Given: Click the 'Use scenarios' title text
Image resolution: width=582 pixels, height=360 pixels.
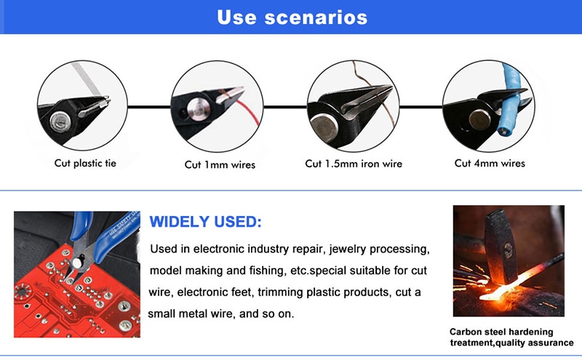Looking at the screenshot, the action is (292, 17).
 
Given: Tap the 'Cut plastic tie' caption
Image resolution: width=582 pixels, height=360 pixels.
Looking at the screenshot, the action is (85, 164).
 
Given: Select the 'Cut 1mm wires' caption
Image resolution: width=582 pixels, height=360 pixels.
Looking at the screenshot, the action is (220, 165).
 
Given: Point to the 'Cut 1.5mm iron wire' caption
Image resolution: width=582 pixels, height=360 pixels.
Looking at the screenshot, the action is (354, 164).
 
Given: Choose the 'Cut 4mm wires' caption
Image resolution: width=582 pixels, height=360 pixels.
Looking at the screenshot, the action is (490, 164).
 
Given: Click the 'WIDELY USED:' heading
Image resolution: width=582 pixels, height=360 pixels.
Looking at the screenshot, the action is (205, 222).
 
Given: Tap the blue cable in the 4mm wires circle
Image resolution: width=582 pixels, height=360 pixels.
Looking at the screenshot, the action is (510, 100).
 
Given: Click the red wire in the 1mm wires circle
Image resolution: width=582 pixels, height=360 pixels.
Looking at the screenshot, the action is (247, 110).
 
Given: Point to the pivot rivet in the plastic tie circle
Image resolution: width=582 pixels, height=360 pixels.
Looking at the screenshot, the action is (60, 121).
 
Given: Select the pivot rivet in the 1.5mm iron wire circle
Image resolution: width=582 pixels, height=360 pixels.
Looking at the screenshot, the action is (324, 128).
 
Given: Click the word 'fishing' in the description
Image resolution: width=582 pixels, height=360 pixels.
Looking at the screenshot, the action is (266, 271).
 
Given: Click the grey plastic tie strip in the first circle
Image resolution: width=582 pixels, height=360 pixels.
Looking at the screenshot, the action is (86, 79).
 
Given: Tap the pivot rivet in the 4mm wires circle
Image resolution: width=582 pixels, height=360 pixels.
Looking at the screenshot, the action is (479, 120).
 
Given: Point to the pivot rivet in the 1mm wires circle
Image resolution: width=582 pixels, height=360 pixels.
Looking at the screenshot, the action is (199, 109).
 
